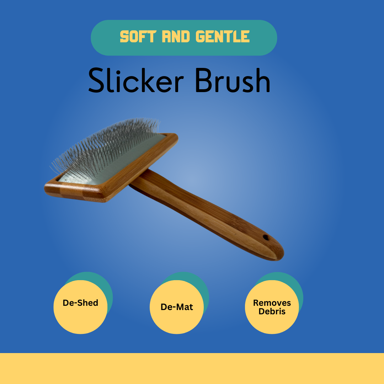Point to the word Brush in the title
(233, 81)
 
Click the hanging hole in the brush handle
(266, 237)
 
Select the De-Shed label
(80, 303)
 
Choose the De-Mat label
(177, 307)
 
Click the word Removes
(272, 303)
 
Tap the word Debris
(272, 311)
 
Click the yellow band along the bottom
(192, 368)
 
